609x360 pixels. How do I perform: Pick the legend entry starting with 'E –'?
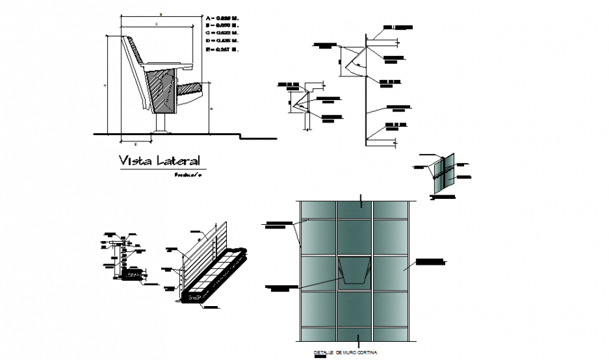pyautogui.click(x=223, y=50)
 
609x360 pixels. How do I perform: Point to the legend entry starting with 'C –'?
pyautogui.click(x=223, y=32)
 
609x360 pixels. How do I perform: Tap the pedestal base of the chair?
pyautogui.click(x=161, y=125)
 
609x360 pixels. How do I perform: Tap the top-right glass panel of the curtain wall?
pyautogui.click(x=390, y=210)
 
